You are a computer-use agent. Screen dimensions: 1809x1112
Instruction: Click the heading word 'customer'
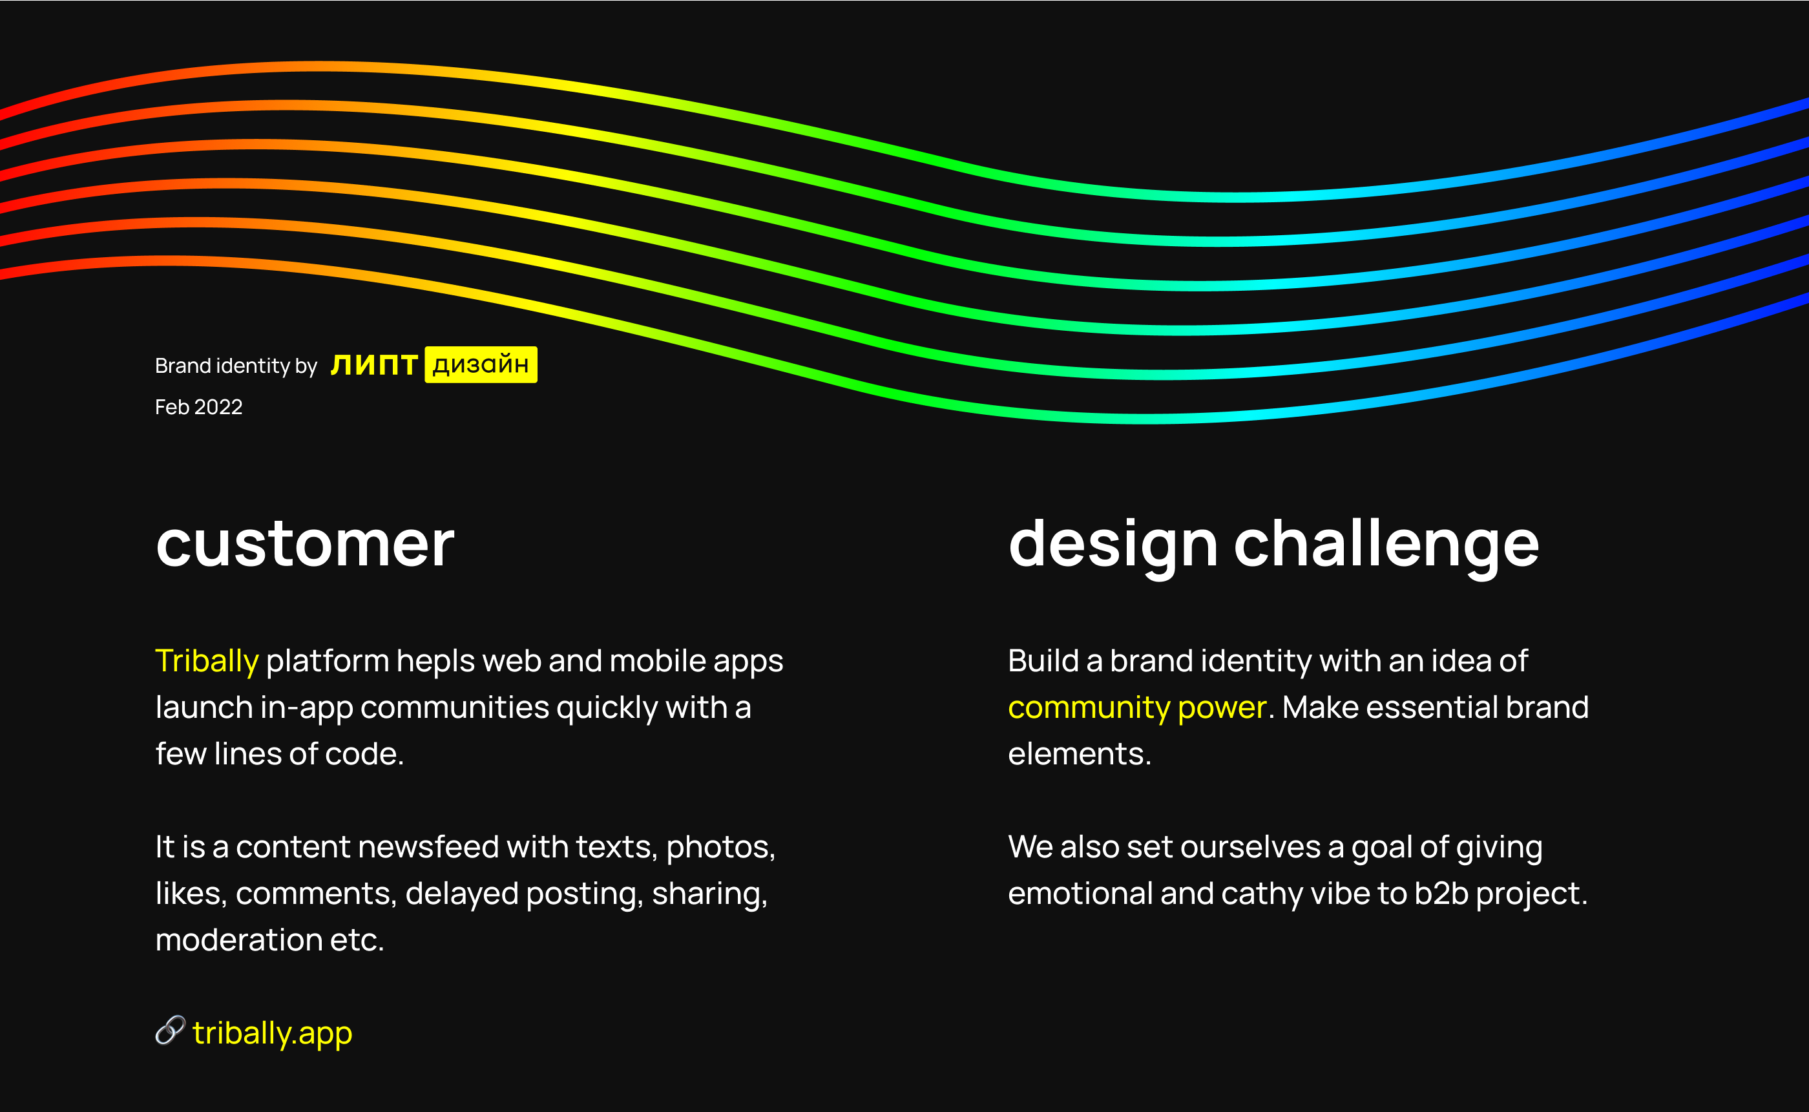[305, 544]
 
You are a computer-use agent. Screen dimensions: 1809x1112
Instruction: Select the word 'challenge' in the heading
[1386, 546]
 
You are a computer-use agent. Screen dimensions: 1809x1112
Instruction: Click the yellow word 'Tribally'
[207, 662]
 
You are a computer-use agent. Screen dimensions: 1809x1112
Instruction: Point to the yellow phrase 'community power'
[1138, 708]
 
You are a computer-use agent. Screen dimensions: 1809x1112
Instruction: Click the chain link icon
[171, 1030]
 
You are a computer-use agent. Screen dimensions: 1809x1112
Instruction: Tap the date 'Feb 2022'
[198, 406]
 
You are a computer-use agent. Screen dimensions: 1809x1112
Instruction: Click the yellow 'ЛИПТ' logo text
[374, 365]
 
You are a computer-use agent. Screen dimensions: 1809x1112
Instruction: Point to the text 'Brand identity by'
[236, 366]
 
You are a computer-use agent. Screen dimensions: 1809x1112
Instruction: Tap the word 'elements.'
[1080, 755]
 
